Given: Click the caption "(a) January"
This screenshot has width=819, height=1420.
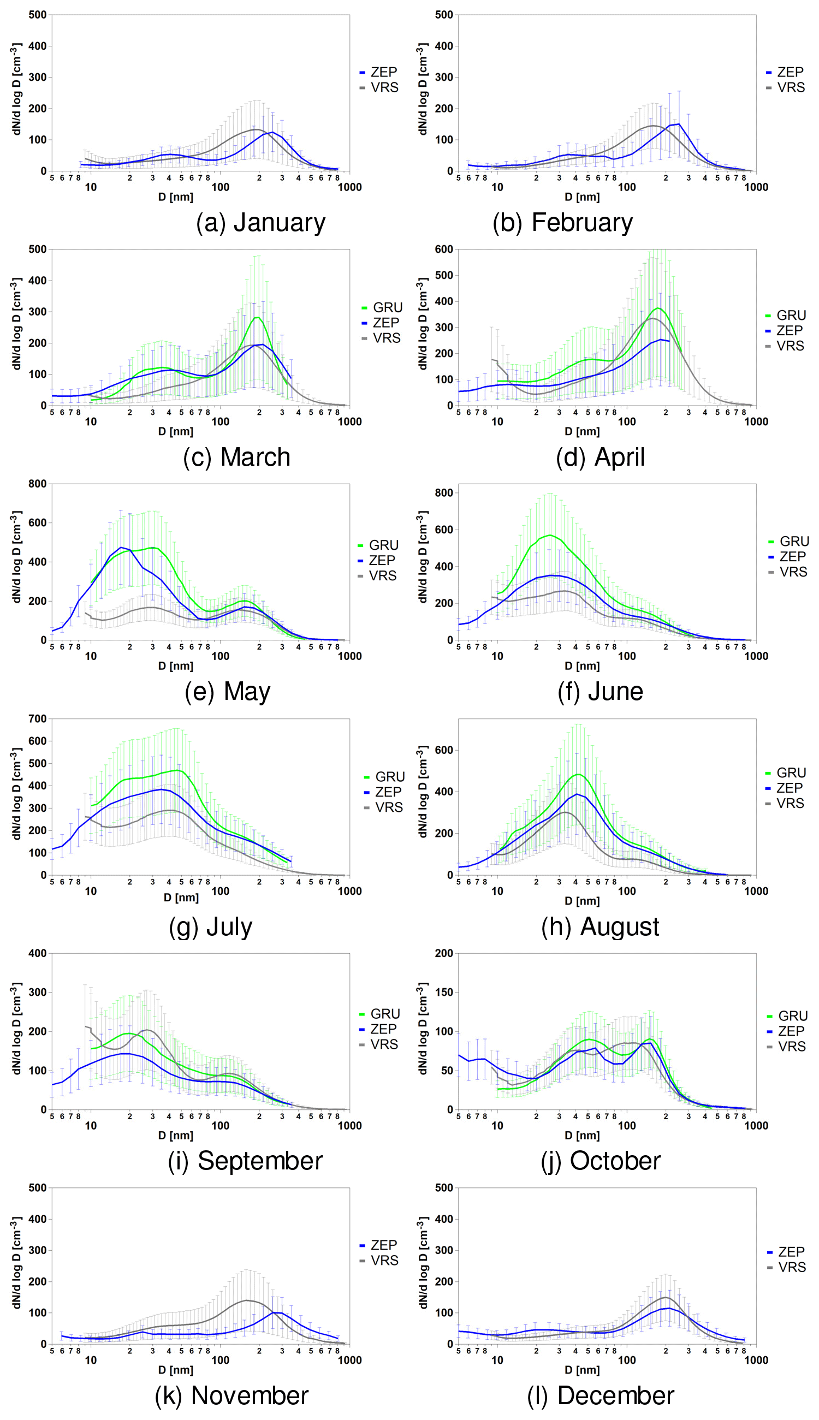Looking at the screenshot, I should (x=260, y=223).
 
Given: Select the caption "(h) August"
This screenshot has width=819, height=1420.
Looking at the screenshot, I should (x=600, y=927).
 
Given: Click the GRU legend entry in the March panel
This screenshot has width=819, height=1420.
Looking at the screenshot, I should (x=382, y=307).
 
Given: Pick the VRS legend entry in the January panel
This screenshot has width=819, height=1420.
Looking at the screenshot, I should (x=379, y=88).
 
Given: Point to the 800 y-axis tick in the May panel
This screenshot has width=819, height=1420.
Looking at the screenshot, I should (x=37, y=484).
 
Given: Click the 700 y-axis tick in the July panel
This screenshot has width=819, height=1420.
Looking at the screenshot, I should (x=37, y=718).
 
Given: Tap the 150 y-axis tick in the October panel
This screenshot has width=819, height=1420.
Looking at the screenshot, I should (x=444, y=993).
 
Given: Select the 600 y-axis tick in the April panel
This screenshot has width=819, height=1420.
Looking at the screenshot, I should (x=444, y=249).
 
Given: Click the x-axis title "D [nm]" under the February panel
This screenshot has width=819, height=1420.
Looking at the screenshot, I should (x=581, y=198).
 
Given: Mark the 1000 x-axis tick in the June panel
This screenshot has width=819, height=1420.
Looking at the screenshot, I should (x=756, y=656).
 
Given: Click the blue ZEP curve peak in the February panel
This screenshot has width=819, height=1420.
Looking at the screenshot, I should (x=679, y=124).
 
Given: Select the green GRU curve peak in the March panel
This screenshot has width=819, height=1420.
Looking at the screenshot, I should (x=258, y=317).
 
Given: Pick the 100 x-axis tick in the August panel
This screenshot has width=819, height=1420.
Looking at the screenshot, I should (x=627, y=892).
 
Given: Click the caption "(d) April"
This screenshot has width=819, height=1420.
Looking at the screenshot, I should (x=600, y=457).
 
